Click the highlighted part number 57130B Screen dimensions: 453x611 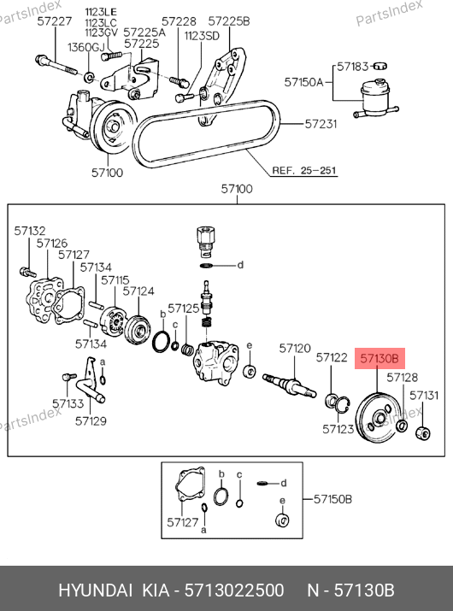379,358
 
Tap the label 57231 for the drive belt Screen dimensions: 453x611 321,124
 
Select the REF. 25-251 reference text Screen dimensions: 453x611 304,170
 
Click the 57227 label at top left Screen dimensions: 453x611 55,21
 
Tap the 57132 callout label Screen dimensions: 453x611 30,231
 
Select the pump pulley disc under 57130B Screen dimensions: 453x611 378,418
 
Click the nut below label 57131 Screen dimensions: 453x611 422,433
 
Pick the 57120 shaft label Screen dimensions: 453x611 295,348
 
